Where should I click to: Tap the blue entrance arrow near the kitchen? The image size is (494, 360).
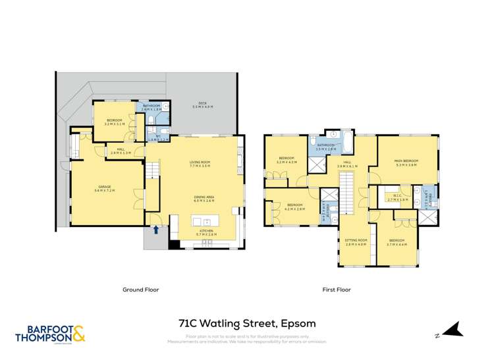156,230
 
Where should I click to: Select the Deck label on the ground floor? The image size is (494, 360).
202,105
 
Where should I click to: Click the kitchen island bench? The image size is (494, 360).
175,226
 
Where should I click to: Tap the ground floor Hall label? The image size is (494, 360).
121,151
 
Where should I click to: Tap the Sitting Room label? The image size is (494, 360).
356,242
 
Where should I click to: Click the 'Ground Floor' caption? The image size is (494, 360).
141,290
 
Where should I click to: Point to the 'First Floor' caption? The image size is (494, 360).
336,290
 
